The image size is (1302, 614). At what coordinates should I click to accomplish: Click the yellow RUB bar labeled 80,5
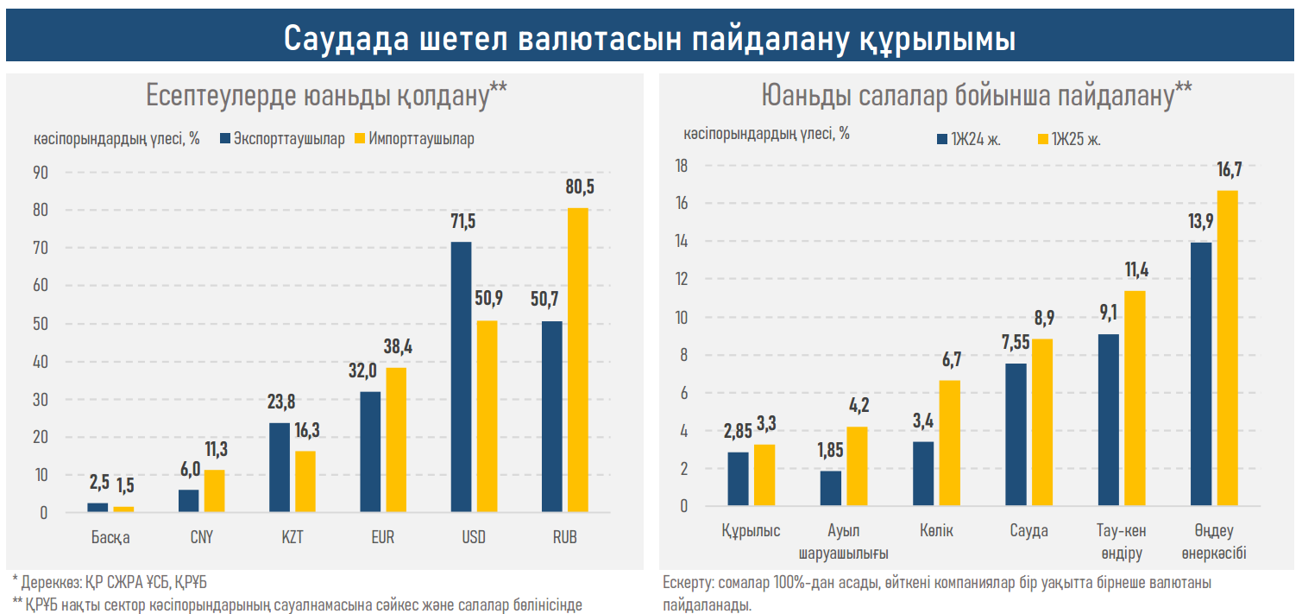578,360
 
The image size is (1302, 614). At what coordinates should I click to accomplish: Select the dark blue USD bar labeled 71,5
461,377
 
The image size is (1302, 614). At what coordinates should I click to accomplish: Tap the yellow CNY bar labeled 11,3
214,491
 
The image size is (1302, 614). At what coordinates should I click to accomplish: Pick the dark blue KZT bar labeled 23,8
279,467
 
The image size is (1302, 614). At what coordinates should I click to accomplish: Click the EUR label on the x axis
382,537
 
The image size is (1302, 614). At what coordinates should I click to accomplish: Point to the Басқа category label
110,537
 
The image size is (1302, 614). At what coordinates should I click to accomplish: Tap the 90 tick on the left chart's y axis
40,173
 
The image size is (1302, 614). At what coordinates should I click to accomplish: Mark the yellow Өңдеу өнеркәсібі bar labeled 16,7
1228,348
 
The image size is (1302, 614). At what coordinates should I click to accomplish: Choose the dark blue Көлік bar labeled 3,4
923,473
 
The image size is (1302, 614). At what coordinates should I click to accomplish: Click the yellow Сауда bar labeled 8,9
1042,422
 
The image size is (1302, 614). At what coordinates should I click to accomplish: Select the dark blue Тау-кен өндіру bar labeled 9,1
1110,420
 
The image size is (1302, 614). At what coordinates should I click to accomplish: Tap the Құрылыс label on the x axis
751,531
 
